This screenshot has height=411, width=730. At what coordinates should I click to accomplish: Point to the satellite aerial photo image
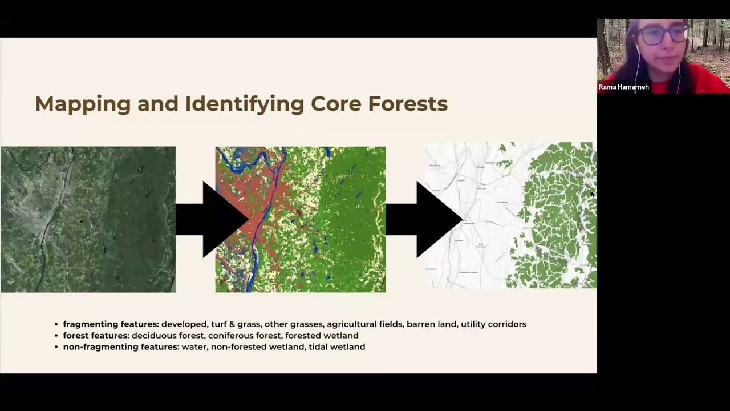88,219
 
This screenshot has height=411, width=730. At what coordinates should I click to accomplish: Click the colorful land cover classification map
301,219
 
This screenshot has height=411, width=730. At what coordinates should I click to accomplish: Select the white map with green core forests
512,215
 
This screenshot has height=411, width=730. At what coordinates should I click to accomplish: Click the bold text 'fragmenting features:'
111,324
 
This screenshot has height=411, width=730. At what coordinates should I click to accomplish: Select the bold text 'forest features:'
96,336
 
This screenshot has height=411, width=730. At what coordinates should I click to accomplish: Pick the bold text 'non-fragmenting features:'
121,347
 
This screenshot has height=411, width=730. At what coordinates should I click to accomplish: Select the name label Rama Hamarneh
623,87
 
